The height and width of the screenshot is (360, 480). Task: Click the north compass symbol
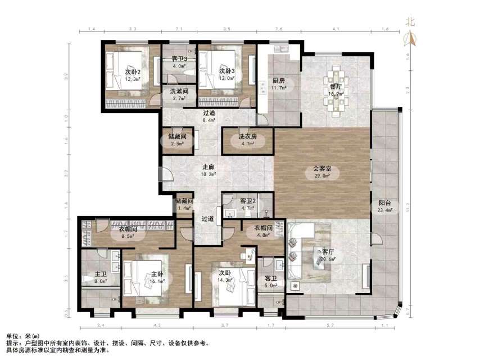pyautogui.click(x=410, y=34)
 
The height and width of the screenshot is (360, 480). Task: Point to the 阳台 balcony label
pyautogui.click(x=385, y=208)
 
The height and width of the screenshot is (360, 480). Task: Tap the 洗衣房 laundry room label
pyautogui.click(x=247, y=140)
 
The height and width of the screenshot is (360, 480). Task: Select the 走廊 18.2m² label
pyautogui.click(x=209, y=170)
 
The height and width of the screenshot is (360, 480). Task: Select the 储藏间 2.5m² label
pyautogui.click(x=178, y=140)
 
